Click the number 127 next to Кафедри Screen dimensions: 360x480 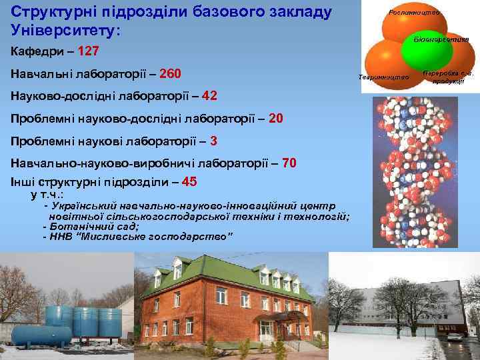point(89,50)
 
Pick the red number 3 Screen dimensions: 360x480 point(213,141)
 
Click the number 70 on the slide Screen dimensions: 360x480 point(290,163)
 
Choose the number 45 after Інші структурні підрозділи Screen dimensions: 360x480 point(189,181)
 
